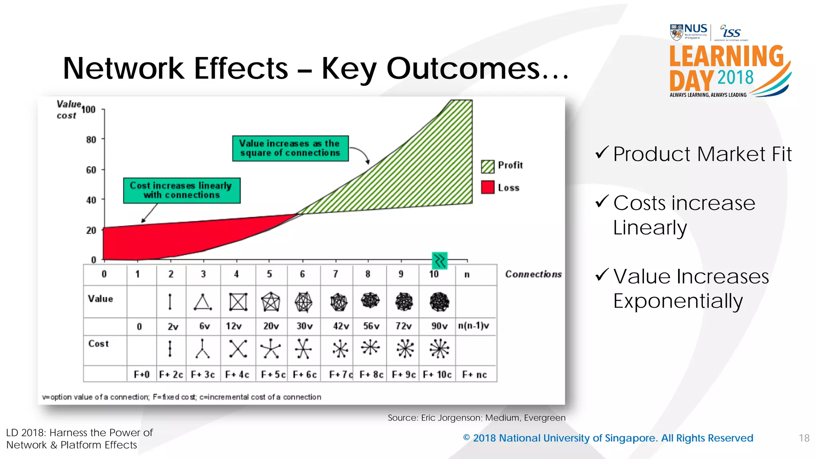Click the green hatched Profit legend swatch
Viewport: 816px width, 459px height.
point(487,167)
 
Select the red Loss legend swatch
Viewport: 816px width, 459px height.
point(487,187)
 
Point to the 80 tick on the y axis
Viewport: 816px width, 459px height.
point(91,140)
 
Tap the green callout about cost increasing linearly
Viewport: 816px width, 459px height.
point(182,190)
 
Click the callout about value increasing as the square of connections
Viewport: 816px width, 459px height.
point(290,148)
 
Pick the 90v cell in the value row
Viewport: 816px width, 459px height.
point(439,326)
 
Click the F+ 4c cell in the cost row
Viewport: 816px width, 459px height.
point(237,375)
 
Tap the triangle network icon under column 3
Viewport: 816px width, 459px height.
point(203,302)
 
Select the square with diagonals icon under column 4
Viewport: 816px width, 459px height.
point(238,302)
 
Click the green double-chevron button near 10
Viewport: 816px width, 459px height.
point(439,261)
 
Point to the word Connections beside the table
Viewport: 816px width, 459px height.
point(533,274)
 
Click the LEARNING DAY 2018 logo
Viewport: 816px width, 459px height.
point(727,70)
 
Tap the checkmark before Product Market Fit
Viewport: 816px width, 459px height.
point(601,153)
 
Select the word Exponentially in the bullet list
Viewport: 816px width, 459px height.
point(678,301)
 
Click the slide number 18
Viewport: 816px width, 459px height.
point(804,438)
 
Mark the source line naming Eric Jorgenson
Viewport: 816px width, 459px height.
point(476,418)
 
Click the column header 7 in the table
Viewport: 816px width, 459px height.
point(335,274)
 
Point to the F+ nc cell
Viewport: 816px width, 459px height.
point(474,375)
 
